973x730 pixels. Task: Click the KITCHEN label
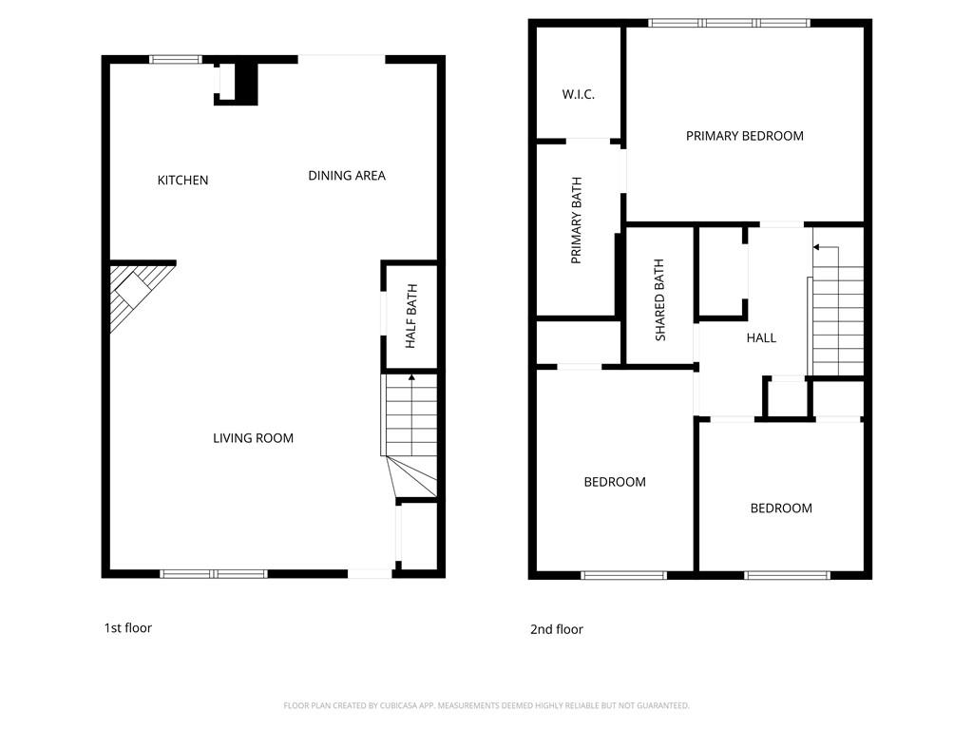click(x=182, y=181)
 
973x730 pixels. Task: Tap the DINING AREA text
click(x=347, y=176)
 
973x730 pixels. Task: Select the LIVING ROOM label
click(x=253, y=438)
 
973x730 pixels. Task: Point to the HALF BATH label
click(x=411, y=323)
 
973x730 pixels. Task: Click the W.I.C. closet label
click(x=578, y=95)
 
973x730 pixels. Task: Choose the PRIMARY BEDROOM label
click(x=744, y=136)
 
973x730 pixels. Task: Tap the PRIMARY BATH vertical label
click(x=576, y=221)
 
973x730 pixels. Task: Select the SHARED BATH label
click(x=660, y=299)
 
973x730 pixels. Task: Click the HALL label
click(x=761, y=337)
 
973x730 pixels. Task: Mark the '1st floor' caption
click(x=127, y=628)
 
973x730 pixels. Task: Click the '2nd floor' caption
click(x=556, y=629)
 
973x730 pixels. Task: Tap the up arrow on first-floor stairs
click(x=411, y=378)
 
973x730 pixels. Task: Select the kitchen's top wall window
click(x=177, y=60)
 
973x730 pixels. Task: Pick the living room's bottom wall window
click(x=214, y=573)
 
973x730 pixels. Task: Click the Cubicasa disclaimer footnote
click(x=486, y=705)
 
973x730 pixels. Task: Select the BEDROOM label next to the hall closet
click(x=781, y=509)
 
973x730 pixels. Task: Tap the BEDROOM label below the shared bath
click(x=614, y=482)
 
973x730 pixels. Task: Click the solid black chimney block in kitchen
click(x=245, y=81)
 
